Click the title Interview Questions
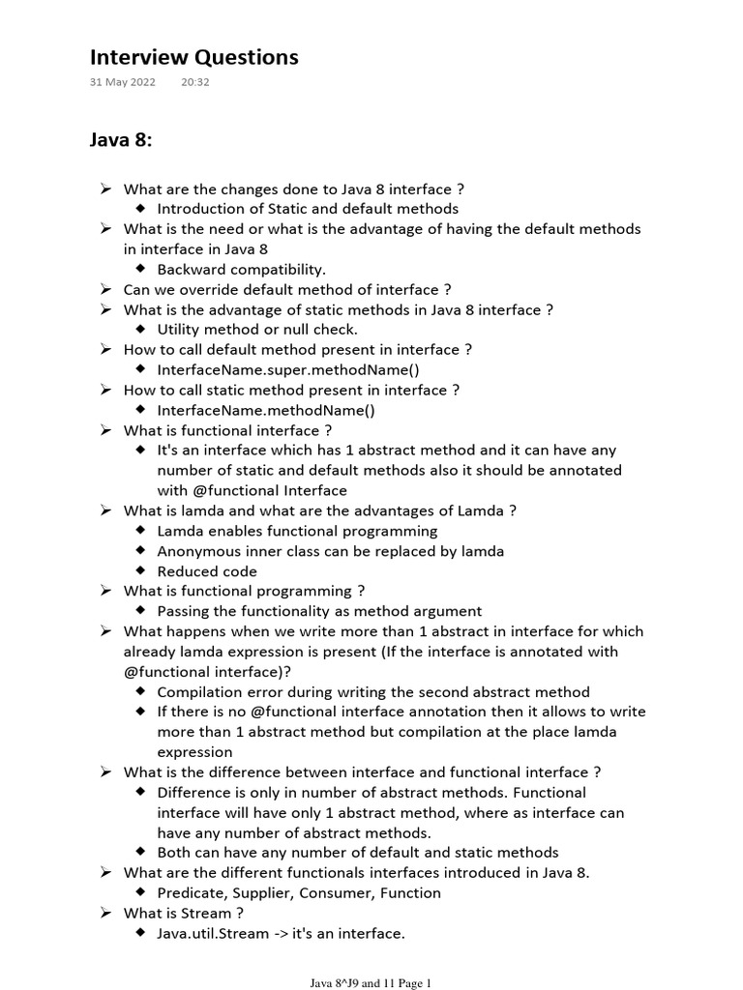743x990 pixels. tap(193, 58)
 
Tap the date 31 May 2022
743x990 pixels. tap(122, 82)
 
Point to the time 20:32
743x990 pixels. tap(194, 82)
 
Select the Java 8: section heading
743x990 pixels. tap(121, 141)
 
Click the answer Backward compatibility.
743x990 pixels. tap(241, 269)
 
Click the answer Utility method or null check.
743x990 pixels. tap(257, 330)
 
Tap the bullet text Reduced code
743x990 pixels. tap(207, 571)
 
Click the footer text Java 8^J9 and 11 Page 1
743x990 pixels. tap(371, 983)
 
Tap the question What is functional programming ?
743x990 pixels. tap(244, 591)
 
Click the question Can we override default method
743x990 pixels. tap(287, 289)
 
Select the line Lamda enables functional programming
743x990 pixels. tap(297, 531)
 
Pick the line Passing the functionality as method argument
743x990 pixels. tap(319, 611)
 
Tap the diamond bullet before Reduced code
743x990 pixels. tap(141, 570)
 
